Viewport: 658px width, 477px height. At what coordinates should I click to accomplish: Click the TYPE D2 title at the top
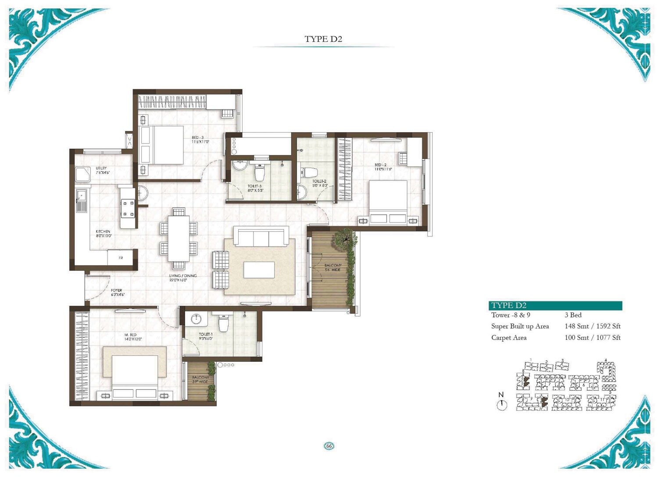[x=323, y=39]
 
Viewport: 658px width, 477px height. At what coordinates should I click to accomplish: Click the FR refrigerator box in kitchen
[x=121, y=258]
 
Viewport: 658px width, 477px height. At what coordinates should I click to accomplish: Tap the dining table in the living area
[x=179, y=239]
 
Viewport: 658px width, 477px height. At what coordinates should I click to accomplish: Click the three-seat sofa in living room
[x=261, y=237]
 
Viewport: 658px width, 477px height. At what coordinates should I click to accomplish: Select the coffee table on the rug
[x=259, y=270]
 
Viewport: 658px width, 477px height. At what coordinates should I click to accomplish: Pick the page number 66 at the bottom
[x=329, y=446]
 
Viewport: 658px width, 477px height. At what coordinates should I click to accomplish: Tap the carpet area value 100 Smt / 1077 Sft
[x=592, y=338]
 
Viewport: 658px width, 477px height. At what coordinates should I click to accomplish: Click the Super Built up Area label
[x=520, y=326]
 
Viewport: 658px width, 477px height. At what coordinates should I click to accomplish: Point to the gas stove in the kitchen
[x=128, y=208]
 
